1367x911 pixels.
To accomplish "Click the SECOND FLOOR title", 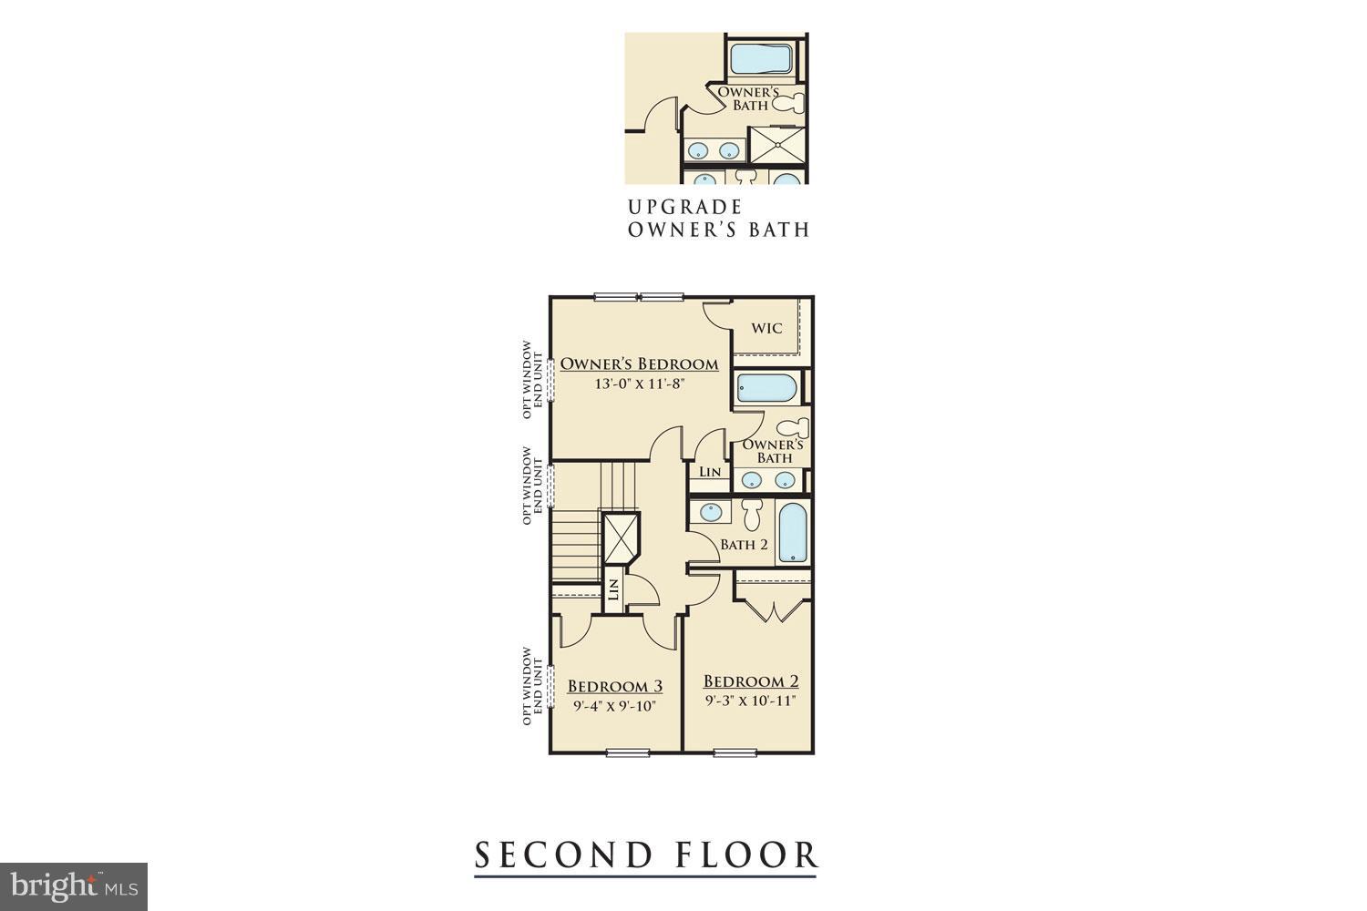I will (x=645, y=855).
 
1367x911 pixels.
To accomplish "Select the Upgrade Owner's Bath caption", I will (x=717, y=219).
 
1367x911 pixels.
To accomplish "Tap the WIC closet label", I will (x=766, y=328).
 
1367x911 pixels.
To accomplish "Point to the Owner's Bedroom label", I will (x=639, y=364).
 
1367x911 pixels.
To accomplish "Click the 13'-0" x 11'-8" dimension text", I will (x=639, y=384).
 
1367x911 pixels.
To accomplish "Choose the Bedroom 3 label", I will (x=615, y=686).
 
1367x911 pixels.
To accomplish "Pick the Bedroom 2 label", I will (x=751, y=681).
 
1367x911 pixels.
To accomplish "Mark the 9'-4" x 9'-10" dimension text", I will (x=615, y=705).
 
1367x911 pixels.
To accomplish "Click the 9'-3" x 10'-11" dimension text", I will (x=751, y=701).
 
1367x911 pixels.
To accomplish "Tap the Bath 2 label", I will (x=744, y=545).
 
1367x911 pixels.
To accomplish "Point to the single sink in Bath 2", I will (x=708, y=512).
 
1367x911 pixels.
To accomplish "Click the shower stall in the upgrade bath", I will (x=776, y=144).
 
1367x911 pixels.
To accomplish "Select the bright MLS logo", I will (x=73, y=885).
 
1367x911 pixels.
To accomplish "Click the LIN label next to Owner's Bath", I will (x=710, y=472).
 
